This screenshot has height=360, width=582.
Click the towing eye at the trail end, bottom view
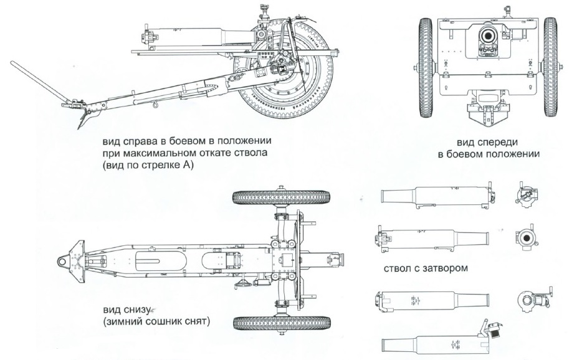pyautogui.click(x=64, y=260)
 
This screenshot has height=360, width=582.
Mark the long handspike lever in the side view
pyautogui.click(x=38, y=80)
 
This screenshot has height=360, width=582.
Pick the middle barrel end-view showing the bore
pyautogui.click(x=525, y=237)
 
